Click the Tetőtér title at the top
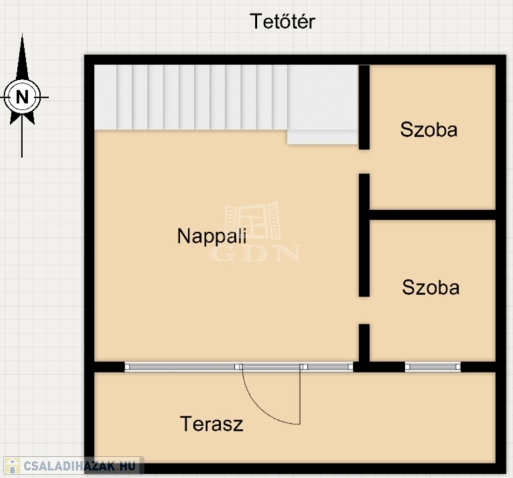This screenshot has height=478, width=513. (x=282, y=22)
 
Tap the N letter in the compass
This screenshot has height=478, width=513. (x=22, y=97)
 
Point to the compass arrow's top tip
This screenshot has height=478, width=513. (x=22, y=34)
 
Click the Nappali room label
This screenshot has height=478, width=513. (x=212, y=237)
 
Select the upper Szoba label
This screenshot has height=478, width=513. (x=429, y=129)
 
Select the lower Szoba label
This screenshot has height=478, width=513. (x=431, y=288)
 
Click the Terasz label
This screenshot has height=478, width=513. (x=212, y=424)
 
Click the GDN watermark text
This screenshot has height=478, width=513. (x=255, y=253)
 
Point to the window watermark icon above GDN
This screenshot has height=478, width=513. (x=253, y=222)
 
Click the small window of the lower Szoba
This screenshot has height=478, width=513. (x=433, y=367)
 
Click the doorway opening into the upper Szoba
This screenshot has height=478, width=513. (x=364, y=162)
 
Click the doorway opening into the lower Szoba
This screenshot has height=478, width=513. (x=364, y=311)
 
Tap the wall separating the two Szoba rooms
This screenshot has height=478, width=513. (x=433, y=215)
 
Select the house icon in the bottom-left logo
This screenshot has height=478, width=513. (x=12, y=466)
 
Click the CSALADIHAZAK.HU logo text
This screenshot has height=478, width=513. (x=80, y=466)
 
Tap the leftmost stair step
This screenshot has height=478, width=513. (x=105, y=97)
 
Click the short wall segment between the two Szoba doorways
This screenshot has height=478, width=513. (x=364, y=235)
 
